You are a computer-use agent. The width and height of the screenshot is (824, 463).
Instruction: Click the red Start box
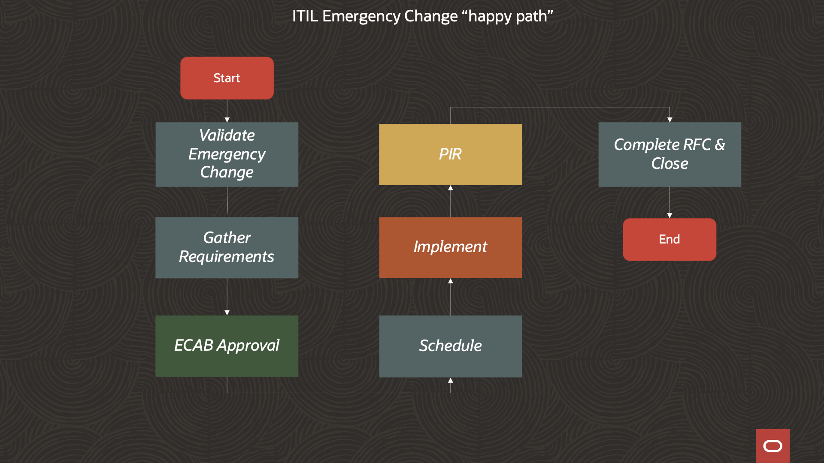pos(227,78)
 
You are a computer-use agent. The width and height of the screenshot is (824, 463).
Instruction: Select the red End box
pos(669,239)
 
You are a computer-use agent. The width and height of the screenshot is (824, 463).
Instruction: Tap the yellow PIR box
pos(450,154)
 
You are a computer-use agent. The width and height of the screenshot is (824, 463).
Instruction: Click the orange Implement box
pos(450,247)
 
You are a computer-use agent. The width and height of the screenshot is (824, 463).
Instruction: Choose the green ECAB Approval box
pos(227,346)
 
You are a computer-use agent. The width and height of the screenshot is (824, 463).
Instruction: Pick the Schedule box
pos(450,346)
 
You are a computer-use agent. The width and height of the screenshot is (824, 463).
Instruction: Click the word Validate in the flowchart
pos(227,135)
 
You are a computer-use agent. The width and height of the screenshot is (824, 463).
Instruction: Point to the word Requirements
pos(226,256)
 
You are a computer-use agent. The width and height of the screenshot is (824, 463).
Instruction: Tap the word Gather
pos(227,238)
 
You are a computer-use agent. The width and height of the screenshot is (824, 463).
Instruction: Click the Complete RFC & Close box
pos(669,154)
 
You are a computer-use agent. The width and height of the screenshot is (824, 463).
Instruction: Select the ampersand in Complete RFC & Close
pos(720,145)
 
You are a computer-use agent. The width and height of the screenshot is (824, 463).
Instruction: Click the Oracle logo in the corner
pos(772,446)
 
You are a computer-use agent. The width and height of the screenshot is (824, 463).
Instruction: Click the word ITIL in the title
pos(305,16)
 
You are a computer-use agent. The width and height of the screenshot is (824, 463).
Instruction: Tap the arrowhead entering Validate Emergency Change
pos(227,120)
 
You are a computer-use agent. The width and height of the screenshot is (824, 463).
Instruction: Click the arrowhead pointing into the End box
pos(669,216)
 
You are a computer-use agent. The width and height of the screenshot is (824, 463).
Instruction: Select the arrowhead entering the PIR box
pos(450,188)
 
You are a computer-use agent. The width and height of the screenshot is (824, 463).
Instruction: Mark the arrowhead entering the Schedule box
pos(450,380)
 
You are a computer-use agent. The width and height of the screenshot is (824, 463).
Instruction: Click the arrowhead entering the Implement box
pos(450,281)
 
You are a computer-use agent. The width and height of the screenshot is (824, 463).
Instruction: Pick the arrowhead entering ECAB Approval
pos(227,313)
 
